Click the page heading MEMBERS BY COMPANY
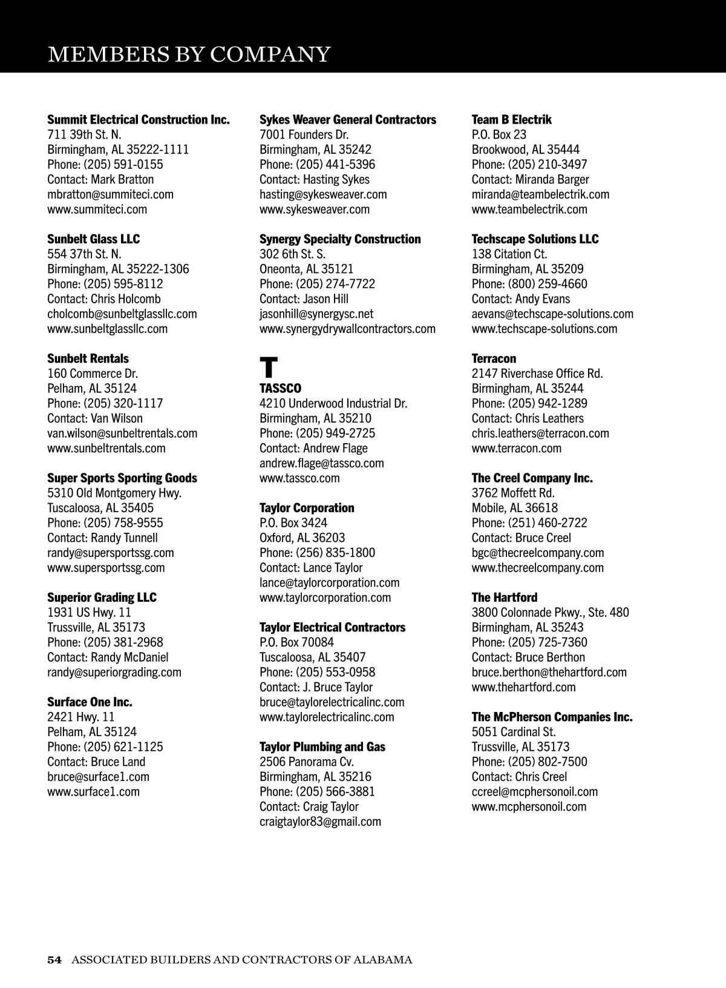(189, 54)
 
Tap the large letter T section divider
(269, 367)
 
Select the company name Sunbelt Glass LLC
(93, 239)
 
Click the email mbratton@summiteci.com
(110, 194)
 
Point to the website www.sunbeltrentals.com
(106, 448)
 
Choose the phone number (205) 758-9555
(123, 523)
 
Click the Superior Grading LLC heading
(102, 598)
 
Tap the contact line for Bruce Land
(96, 762)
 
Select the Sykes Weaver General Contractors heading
(347, 120)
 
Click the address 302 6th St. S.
(292, 254)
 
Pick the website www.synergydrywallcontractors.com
(347, 329)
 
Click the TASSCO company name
(280, 388)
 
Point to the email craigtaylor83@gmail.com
(320, 822)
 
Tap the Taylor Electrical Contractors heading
(332, 627)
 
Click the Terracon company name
(494, 358)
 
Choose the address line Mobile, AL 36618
(514, 508)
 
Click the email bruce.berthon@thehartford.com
(549, 672)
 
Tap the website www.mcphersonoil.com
(529, 806)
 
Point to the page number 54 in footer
(54, 960)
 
